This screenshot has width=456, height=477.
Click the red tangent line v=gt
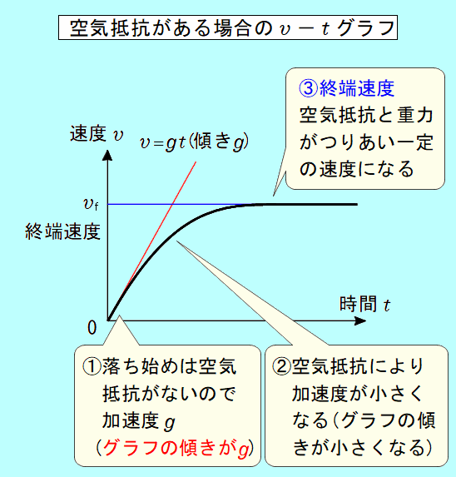pos(152,241)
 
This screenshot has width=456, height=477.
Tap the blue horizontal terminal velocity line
pos(182,204)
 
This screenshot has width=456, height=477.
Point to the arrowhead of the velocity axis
pos(107,155)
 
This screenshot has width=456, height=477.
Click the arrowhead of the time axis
pos(360,320)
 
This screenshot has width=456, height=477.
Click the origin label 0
pos(92,328)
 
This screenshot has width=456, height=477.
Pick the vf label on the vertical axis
pos(91,204)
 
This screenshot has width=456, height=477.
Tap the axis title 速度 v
pos(97,134)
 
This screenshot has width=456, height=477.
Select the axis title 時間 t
pos(364,304)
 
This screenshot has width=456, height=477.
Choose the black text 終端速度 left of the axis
pos(63,231)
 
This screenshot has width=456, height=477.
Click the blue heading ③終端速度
pos(346,88)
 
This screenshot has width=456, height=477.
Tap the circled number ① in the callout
pos(92,366)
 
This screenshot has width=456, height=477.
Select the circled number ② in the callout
pos(281,366)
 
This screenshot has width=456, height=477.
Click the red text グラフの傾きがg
pos(176,449)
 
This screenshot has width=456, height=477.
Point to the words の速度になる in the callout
pos(357,169)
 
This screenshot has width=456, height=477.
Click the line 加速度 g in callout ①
pos(139,421)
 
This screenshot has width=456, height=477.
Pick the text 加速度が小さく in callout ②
pos(358,394)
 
